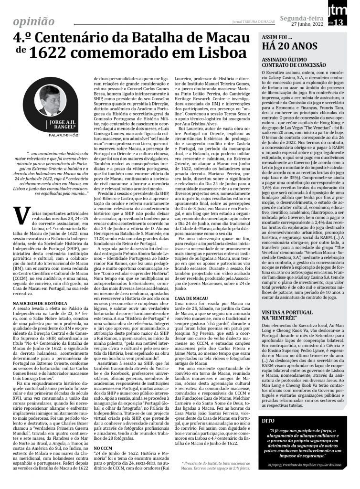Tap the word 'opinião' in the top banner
[x=34, y=21]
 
